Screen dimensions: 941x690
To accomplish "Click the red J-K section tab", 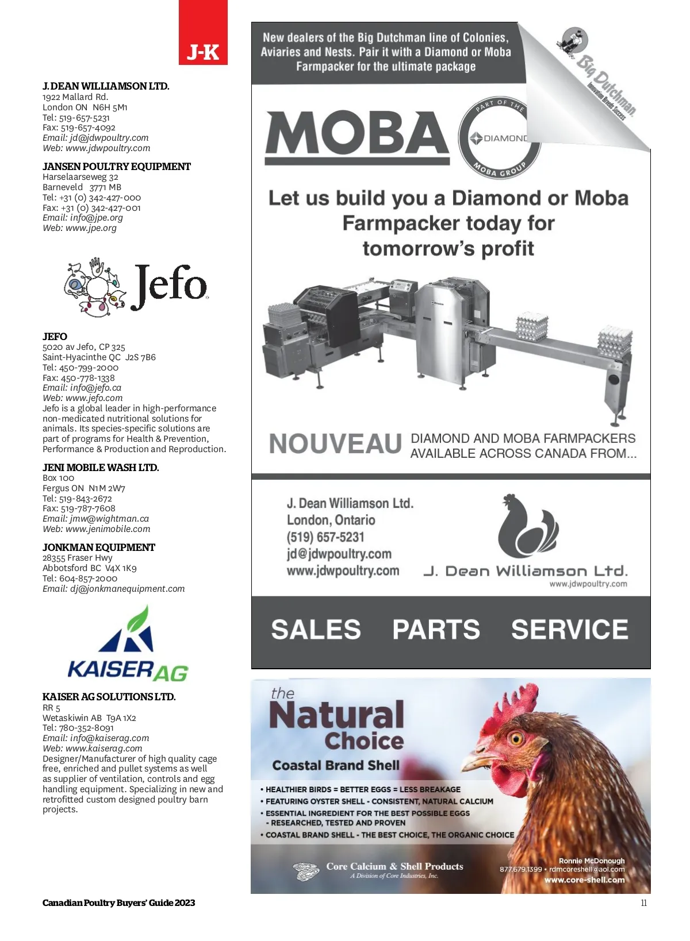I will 203,33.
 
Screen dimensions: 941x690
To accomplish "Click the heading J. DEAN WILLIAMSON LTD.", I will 106,86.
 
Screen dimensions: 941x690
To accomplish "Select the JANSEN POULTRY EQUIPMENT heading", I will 116,167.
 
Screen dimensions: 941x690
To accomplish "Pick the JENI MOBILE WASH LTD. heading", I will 101,468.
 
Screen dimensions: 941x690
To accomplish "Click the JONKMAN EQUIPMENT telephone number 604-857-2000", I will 88,579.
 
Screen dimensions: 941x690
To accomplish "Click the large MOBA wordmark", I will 356,134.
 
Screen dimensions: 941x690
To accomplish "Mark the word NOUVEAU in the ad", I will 335,444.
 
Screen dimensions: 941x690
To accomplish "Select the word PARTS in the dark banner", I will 436,630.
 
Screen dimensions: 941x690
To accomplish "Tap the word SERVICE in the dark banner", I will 569,630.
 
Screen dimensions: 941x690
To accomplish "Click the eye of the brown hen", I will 515,738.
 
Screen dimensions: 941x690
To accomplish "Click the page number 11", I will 643,903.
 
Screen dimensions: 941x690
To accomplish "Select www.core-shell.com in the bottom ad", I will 584,880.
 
